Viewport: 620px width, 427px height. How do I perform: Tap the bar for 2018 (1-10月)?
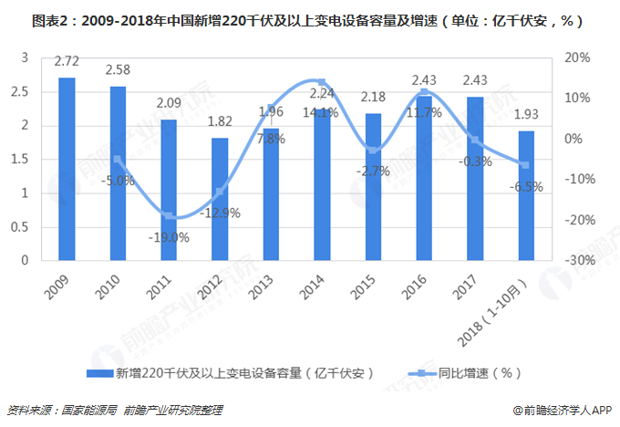[527, 195]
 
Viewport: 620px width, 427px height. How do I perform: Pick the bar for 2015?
[373, 187]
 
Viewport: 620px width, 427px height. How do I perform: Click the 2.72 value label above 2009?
[67, 62]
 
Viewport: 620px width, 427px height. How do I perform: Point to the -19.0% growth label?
[169, 238]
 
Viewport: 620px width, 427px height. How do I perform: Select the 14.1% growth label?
[324, 113]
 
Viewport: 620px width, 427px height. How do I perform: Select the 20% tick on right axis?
[580, 57]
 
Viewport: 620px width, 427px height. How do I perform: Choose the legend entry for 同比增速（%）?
[486, 372]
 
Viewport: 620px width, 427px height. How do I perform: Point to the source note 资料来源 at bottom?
[114, 411]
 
